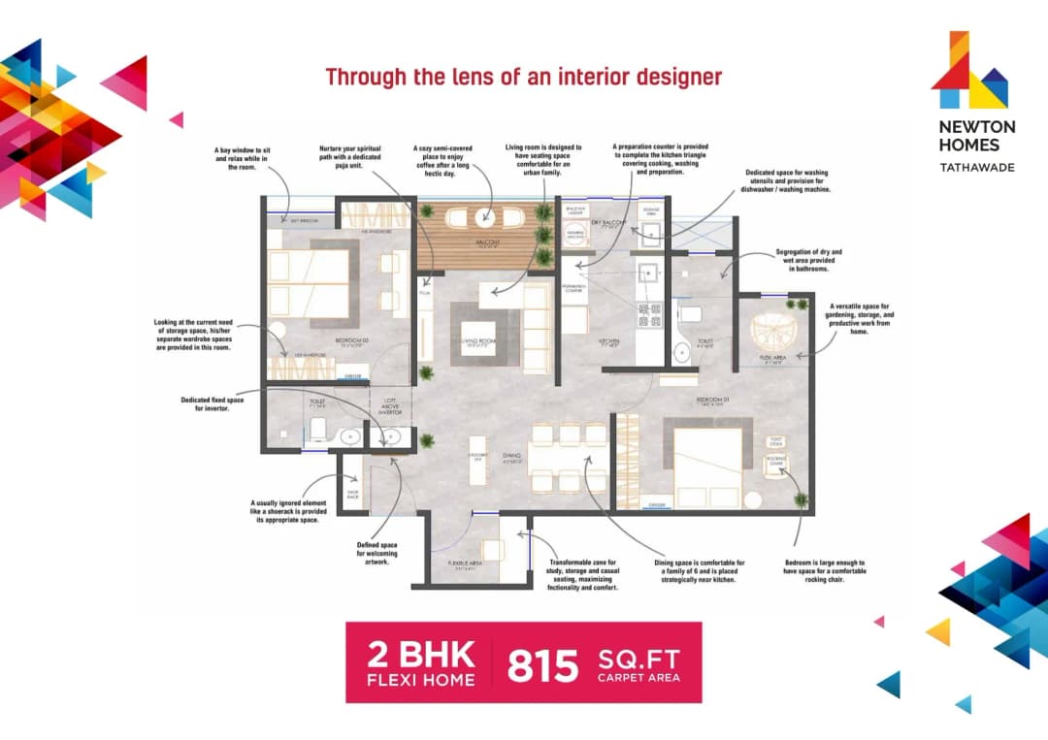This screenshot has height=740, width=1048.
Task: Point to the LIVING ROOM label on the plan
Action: [479, 340]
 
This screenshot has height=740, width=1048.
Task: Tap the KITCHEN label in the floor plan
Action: [610, 340]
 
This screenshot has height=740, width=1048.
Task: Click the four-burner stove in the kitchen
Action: [647, 313]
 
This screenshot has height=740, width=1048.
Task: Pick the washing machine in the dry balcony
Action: [576, 235]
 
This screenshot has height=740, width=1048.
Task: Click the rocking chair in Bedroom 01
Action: [776, 465]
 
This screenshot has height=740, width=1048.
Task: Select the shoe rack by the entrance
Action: [352, 494]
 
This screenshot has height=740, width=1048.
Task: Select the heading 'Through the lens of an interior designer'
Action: [523, 77]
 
